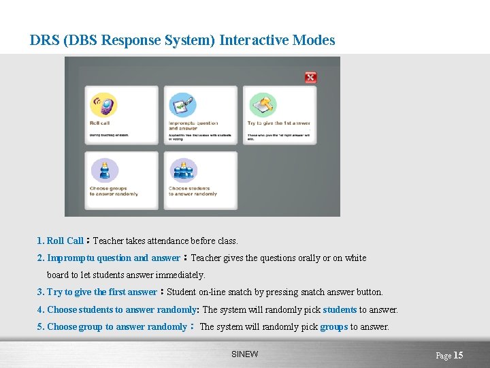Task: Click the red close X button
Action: (310, 77)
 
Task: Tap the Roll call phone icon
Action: (103, 106)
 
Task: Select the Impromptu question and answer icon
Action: (182, 106)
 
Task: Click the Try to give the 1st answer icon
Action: (261, 106)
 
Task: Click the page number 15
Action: (458, 355)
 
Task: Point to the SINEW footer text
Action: (244, 354)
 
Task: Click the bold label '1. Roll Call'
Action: (61, 241)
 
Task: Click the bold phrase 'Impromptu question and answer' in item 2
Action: (113, 258)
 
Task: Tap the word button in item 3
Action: (368, 292)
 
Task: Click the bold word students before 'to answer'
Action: (340, 309)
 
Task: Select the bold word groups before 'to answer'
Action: (333, 326)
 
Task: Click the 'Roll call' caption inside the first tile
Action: (100, 123)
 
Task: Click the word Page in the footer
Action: (443, 356)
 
